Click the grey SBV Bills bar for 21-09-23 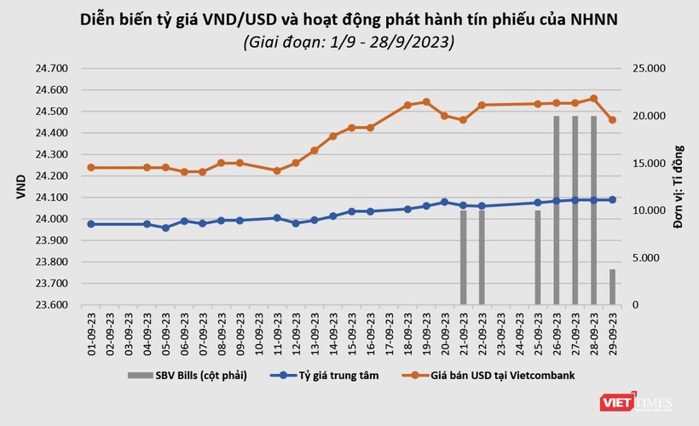(463, 257)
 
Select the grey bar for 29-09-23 (612, 286)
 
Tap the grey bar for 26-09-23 (557, 210)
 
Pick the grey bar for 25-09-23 (538, 257)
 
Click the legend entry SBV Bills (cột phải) (188, 375)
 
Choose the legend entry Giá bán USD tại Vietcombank (484, 375)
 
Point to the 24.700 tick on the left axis (54, 68)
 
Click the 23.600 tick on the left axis (54, 304)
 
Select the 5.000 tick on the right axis (650, 257)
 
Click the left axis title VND (20, 187)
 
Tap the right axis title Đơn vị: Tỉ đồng (679, 187)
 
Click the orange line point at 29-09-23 (612, 120)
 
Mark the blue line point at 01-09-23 (90, 224)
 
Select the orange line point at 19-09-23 (426, 101)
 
